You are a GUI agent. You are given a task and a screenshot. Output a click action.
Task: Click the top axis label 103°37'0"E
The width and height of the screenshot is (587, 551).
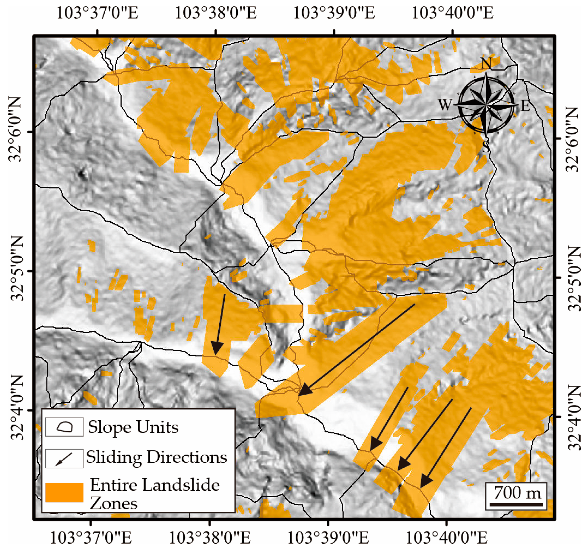97,13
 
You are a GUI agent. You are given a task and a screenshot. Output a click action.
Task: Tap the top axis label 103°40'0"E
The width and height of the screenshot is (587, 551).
452,13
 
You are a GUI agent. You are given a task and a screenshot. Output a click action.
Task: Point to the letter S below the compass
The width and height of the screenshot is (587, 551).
486,147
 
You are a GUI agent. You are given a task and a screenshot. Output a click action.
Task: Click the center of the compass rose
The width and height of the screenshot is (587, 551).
486,105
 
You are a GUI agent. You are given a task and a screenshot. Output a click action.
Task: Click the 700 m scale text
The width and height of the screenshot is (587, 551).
517,493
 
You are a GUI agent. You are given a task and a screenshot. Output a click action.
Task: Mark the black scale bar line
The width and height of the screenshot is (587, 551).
516,504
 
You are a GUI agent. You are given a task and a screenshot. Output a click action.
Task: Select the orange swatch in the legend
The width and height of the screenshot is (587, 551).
64,492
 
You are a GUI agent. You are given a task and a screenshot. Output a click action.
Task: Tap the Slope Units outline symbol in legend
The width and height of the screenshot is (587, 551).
65,427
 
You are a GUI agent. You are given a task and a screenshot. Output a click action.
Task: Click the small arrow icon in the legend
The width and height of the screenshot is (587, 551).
64,459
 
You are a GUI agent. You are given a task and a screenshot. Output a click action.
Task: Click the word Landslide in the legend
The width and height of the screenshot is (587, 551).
180,485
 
